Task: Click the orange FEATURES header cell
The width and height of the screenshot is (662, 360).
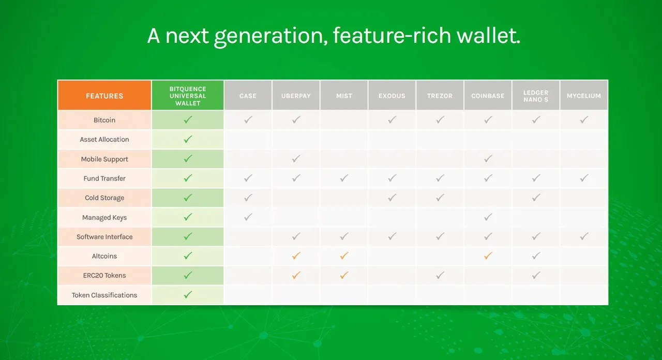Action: [104, 96]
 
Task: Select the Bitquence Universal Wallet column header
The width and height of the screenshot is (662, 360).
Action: [188, 96]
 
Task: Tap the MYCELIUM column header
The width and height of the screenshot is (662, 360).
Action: [584, 96]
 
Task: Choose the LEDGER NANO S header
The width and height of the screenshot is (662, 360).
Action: [535, 96]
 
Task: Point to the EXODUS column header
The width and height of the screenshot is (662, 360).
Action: [392, 96]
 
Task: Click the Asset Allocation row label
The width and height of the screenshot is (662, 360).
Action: [104, 139]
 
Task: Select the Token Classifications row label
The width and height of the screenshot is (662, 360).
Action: [104, 295]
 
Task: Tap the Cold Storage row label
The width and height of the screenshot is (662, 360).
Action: [104, 198]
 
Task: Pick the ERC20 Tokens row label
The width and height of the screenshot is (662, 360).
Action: [104, 276]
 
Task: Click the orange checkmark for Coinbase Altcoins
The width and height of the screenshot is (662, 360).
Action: [488, 256]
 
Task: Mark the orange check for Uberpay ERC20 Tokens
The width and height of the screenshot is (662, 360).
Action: [296, 275]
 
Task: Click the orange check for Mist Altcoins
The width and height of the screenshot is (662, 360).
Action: [344, 256]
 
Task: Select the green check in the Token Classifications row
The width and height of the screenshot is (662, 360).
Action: [188, 295]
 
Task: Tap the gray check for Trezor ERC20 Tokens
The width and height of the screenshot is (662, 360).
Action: [440, 275]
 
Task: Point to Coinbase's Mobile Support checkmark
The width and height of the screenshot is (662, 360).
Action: [488, 159]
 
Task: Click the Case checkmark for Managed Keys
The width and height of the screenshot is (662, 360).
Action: [248, 217]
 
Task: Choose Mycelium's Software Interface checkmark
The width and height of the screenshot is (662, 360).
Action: [584, 236]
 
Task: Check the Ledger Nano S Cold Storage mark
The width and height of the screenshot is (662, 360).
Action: [536, 198]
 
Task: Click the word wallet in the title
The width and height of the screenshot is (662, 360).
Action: [488, 36]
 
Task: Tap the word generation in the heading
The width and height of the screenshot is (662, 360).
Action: [271, 37]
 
